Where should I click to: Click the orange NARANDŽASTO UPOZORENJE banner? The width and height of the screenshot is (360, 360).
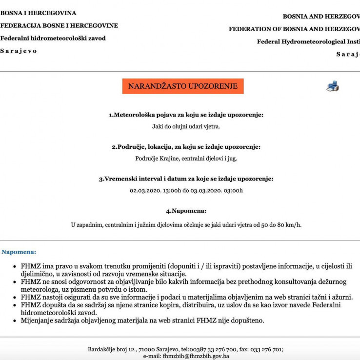(x=183, y=86)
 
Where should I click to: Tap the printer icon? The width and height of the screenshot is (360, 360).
(x=333, y=87)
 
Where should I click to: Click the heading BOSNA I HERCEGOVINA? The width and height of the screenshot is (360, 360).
(x=38, y=13)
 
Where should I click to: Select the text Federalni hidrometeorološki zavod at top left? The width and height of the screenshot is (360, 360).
(x=53, y=38)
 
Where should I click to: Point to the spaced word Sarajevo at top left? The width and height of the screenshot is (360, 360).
(x=19, y=51)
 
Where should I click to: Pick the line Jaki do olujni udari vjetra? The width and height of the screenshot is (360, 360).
(x=186, y=127)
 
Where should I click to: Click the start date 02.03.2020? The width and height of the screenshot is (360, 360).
(x=145, y=191)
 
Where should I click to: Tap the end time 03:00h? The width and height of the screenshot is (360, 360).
(x=233, y=191)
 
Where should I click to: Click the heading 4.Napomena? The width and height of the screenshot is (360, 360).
(x=186, y=211)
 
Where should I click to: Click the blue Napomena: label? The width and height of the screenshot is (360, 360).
(x=19, y=252)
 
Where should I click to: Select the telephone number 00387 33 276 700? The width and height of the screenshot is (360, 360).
(x=215, y=349)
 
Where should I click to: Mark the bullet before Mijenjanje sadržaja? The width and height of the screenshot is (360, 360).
(x=15, y=321)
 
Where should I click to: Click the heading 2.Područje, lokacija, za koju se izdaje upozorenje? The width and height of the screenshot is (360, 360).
(x=186, y=147)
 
